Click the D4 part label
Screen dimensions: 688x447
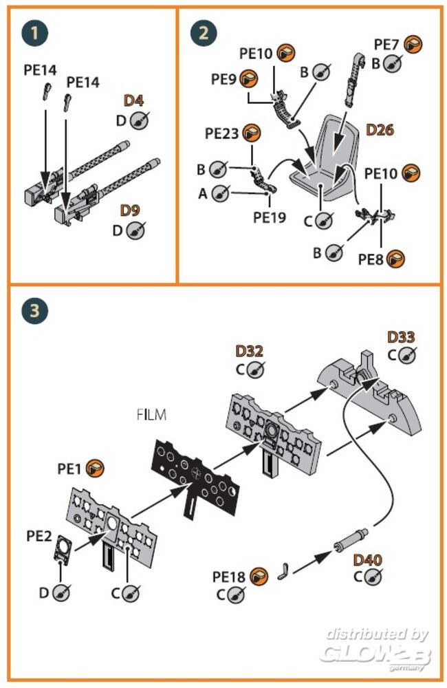pos(133,101)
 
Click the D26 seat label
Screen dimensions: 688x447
pos(380,129)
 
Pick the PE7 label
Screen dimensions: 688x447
pos(387,44)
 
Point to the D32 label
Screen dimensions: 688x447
pos(249,351)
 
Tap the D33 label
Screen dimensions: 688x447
pos(402,337)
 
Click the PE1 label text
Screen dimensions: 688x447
pos(70,469)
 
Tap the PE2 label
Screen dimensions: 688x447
pos(39,535)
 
